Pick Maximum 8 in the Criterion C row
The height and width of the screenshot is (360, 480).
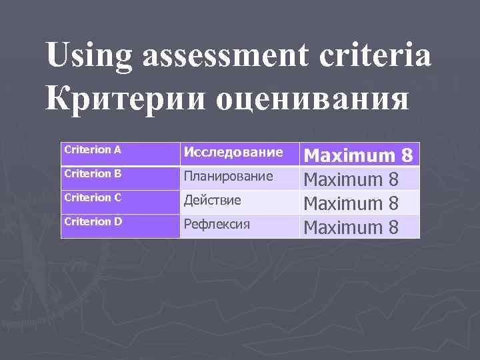[x=351, y=203]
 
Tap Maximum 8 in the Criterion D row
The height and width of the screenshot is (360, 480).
[x=351, y=227]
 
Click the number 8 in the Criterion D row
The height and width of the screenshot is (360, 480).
[x=393, y=227]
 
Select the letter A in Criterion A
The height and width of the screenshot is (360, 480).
[x=117, y=150]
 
